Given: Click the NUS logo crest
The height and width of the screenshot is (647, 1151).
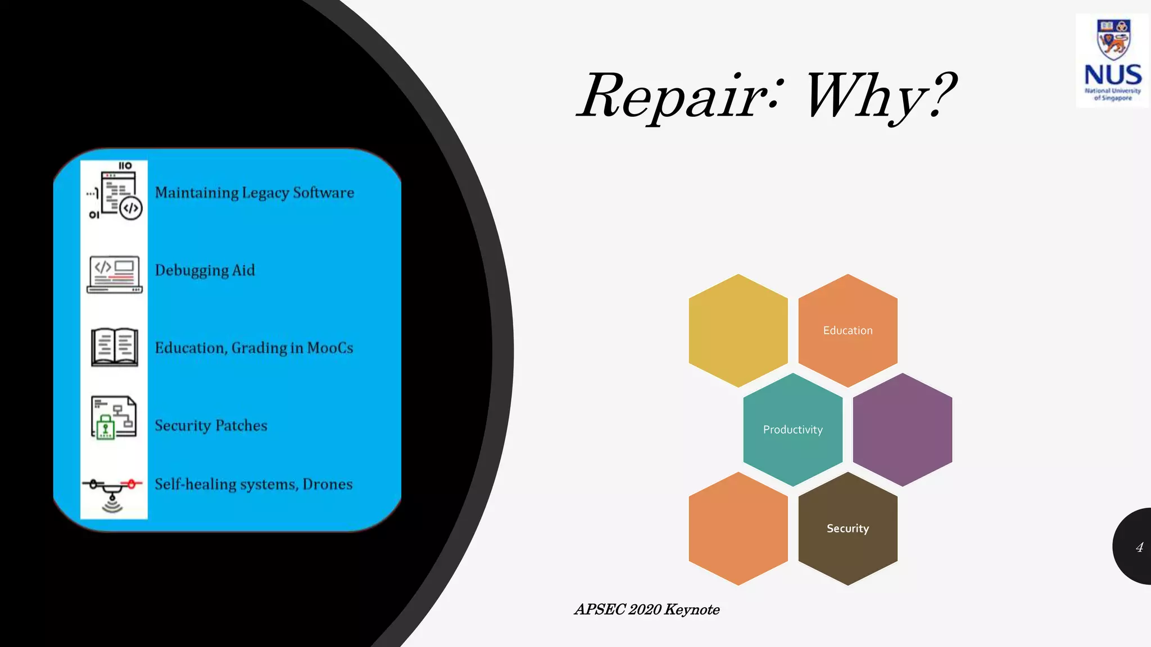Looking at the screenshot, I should tap(1113, 39).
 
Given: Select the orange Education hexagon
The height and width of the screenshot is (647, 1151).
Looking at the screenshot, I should tap(848, 330).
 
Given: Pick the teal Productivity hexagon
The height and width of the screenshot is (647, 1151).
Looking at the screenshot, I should tap(792, 430).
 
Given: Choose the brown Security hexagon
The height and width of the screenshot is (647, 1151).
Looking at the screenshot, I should tap(848, 528).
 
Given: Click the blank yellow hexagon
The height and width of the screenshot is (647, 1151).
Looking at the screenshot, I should tap(738, 330).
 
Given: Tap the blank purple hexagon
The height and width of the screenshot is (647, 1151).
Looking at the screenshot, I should tap(902, 430).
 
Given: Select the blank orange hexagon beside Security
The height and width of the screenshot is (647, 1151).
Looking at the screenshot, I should tap(738, 528).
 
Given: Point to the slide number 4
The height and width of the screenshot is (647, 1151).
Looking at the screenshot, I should tap(1139, 548).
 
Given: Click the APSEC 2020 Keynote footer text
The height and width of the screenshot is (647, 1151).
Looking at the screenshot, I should tap(647, 609).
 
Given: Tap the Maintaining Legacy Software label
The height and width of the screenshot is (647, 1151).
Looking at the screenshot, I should tap(255, 193).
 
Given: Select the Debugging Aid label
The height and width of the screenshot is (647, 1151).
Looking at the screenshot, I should tap(205, 270).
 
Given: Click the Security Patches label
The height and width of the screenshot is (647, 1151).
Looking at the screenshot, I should tap(211, 425).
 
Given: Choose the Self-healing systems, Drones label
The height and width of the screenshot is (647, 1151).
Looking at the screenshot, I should tap(253, 484).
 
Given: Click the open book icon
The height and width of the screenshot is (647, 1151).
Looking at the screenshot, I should tap(115, 347).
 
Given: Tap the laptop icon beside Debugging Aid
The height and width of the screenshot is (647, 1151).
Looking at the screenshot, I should tap(115, 275).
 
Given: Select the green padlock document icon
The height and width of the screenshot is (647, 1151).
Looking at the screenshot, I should tap(113, 417).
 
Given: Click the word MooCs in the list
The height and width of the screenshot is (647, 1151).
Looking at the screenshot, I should tap(330, 348).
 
